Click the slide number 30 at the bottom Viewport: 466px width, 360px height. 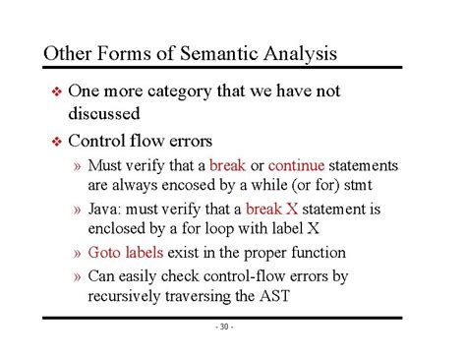[x=223, y=328]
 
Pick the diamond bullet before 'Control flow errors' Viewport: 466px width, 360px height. [x=55, y=141]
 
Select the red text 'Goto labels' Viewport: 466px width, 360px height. [x=128, y=253]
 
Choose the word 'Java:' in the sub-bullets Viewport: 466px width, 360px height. [x=108, y=210]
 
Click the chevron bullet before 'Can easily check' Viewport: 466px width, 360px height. [x=78, y=276]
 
